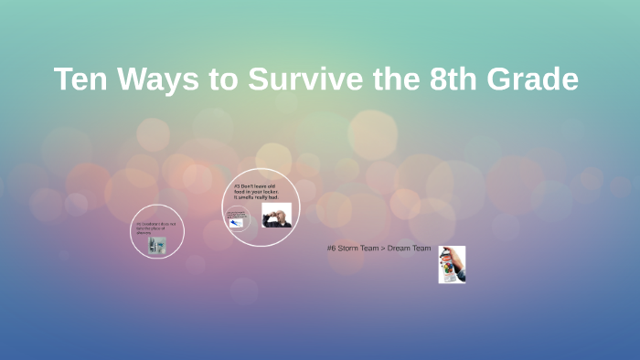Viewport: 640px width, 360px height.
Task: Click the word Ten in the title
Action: click(79, 79)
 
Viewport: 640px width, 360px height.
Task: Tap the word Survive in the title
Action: click(293, 79)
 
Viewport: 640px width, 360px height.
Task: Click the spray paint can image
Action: click(452, 264)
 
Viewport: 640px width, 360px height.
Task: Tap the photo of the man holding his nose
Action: click(276, 216)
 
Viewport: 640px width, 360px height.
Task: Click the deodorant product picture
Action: click(158, 245)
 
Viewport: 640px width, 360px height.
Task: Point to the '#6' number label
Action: click(332, 249)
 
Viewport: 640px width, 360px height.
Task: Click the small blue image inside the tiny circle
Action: click(236, 222)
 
